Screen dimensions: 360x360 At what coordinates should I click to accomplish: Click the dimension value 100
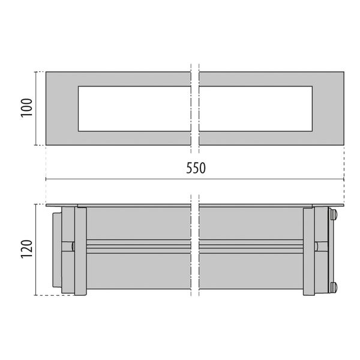[26, 109]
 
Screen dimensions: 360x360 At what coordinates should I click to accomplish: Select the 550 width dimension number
[195, 169]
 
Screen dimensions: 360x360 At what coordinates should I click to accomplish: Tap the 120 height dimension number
[26, 249]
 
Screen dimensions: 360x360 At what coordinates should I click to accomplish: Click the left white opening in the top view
[134, 109]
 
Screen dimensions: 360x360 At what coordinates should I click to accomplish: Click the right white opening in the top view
[257, 109]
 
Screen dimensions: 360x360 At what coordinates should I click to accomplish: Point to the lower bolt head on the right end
[334, 286]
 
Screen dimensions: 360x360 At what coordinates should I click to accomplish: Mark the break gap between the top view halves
[195, 109]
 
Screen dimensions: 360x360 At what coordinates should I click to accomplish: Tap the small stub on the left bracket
[71, 246]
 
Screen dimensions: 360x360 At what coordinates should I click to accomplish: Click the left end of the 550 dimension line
[47, 179]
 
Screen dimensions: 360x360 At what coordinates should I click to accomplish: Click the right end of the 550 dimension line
[343, 179]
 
